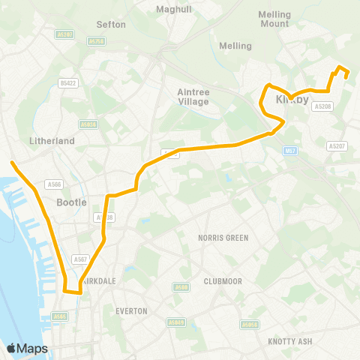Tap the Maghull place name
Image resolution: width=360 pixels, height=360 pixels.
pyautogui.click(x=174, y=10)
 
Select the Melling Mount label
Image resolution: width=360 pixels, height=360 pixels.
pyautogui.click(x=273, y=19)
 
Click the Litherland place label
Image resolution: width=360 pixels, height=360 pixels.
pyautogui.click(x=51, y=140)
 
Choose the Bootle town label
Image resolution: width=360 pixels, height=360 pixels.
pyautogui.click(x=72, y=202)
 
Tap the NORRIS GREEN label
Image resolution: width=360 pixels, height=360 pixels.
pyautogui.click(x=223, y=238)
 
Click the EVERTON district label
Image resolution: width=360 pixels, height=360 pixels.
pyautogui.click(x=131, y=310)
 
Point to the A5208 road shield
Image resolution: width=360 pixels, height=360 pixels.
pyautogui.click(x=322, y=106)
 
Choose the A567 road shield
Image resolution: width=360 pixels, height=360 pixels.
pyautogui.click(x=81, y=259)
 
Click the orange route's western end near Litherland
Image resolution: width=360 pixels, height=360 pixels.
pyautogui.click(x=12, y=161)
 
